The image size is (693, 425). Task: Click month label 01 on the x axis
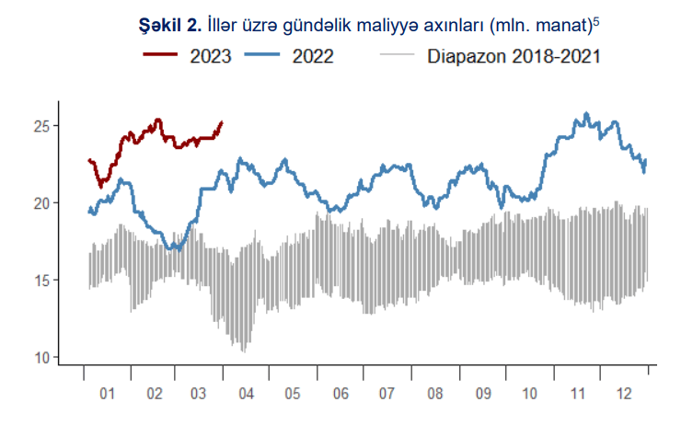point(107,394)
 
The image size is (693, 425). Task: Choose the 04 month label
point(246,394)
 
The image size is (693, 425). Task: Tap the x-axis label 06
point(341,394)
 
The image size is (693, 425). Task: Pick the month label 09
point(482,394)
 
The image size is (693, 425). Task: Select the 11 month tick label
point(578,394)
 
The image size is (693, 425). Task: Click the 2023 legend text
point(210,56)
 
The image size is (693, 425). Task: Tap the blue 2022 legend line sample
point(265,56)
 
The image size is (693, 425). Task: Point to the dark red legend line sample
point(162,56)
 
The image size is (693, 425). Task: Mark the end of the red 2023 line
point(222,122)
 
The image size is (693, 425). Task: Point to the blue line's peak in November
point(586,114)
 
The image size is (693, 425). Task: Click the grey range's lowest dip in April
point(243,350)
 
